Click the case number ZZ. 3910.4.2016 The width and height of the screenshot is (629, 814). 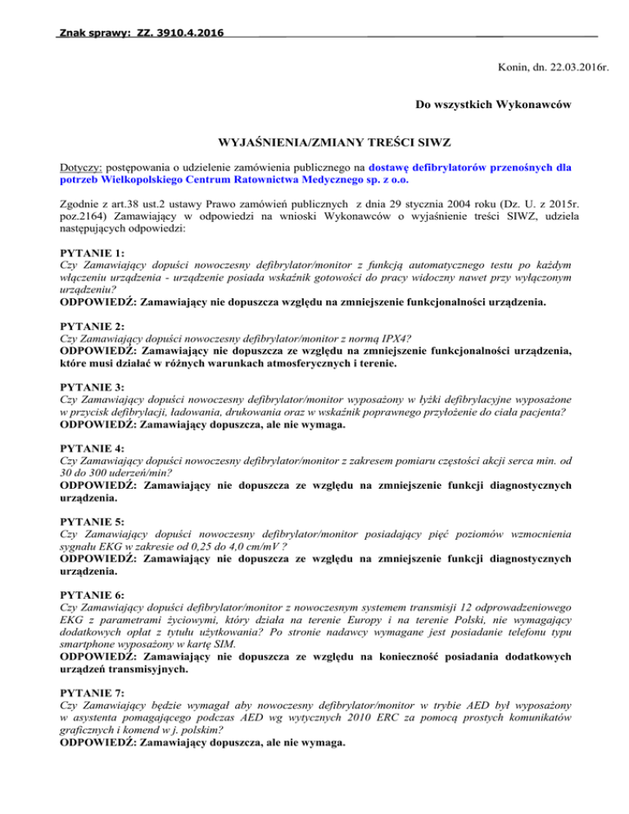click(177, 34)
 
